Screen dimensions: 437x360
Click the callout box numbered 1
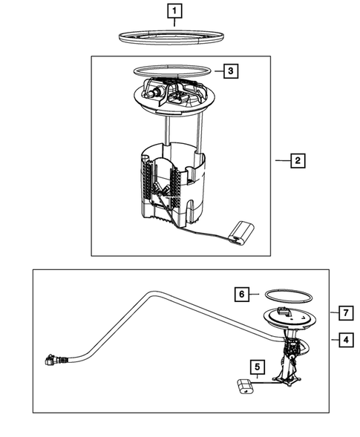(173, 12)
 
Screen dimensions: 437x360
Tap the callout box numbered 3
(231, 71)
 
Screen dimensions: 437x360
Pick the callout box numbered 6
(241, 295)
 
